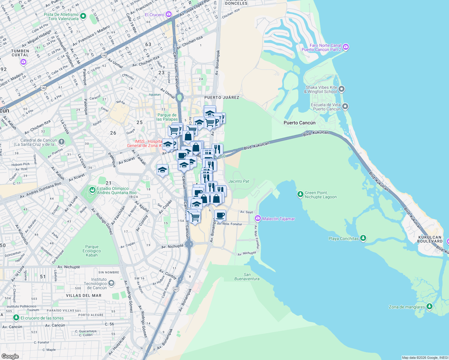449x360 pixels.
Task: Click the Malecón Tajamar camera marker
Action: [x=258, y=218]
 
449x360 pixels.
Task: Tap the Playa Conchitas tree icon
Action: [x=363, y=238]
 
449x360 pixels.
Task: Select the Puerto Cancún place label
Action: [x=300, y=123]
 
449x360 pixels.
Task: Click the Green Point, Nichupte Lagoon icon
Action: [x=300, y=194]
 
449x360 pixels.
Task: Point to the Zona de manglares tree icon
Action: [x=429, y=306]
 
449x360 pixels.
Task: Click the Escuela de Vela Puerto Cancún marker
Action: [x=345, y=106]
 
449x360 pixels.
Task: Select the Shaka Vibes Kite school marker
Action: [x=342, y=89]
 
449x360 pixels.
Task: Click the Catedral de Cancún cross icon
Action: [x=61, y=142]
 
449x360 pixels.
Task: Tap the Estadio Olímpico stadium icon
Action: [x=92, y=190]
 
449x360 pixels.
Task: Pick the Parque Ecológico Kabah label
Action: [x=92, y=251]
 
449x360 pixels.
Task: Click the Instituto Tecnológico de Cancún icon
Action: [x=111, y=283]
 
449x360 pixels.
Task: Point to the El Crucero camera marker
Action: [x=169, y=14]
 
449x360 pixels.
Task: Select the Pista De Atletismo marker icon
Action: [x=83, y=16]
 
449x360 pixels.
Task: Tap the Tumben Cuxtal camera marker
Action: [x=23, y=62]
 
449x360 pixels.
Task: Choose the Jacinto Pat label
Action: [x=239, y=181]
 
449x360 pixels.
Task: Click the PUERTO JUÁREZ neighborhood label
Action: [x=222, y=97]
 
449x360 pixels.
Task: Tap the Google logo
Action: [x=10, y=356]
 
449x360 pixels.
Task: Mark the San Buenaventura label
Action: [x=247, y=277]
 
